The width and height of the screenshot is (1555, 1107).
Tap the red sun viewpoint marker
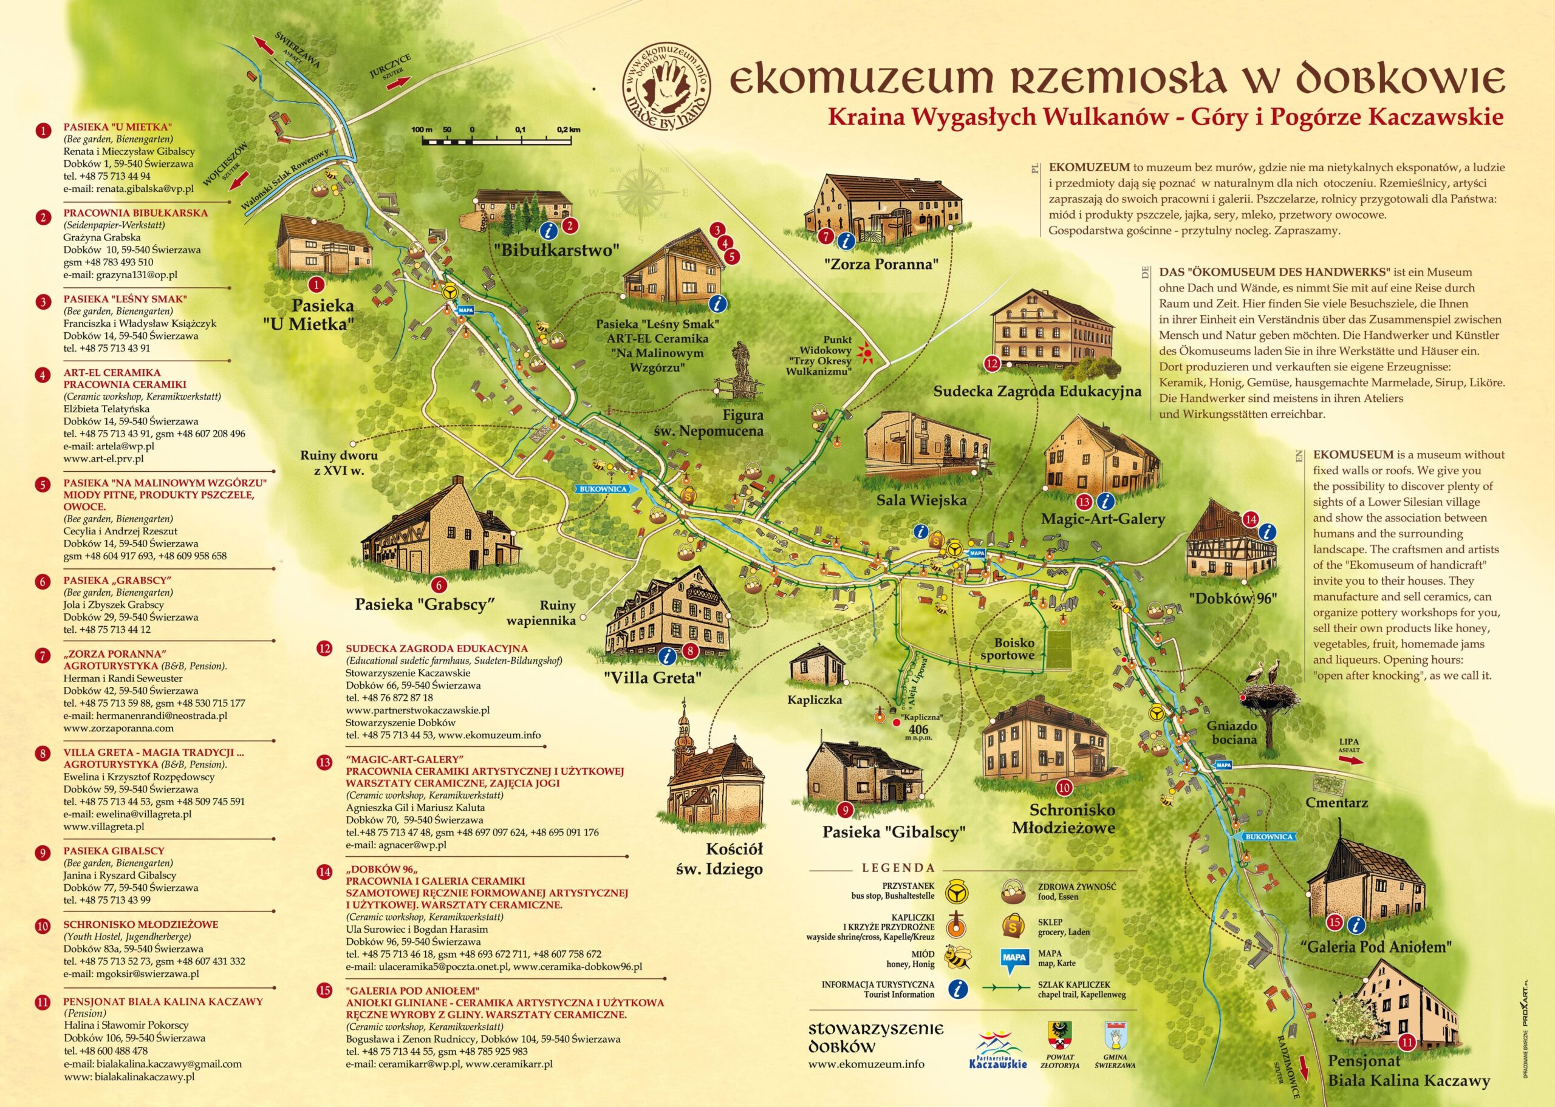866,352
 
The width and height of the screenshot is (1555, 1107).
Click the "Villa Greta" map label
652,678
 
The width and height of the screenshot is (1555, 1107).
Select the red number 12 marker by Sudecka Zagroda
992,363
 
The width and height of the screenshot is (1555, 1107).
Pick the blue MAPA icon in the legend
1014,958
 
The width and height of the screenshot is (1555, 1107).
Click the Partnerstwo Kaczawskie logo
997,1051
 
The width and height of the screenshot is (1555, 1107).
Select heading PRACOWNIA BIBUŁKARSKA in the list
135,213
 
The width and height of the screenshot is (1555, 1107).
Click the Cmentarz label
1336,803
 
